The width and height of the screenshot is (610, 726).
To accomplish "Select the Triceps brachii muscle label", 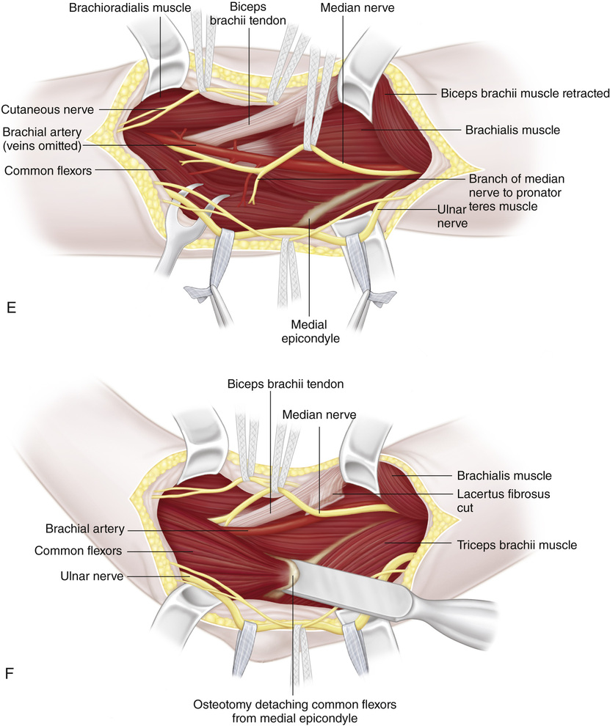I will pyautogui.click(x=517, y=545).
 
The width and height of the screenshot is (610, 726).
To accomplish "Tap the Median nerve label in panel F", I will pyautogui.click(x=319, y=415).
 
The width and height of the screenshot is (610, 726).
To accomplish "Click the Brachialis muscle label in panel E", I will pyautogui.click(x=512, y=130).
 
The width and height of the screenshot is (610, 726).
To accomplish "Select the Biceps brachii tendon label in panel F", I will pyautogui.click(x=275, y=384).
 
